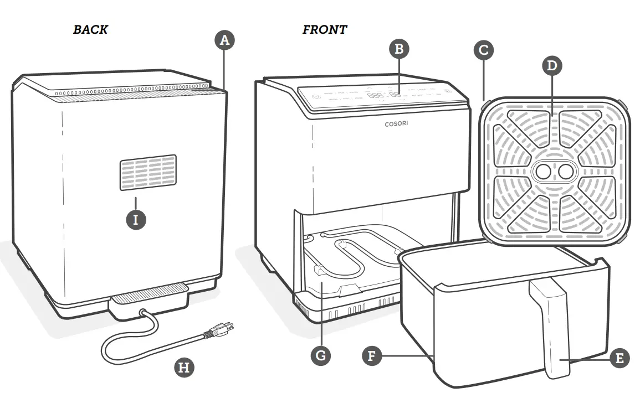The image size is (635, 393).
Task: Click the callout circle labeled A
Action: (224, 40)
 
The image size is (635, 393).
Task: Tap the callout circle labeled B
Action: (398, 49)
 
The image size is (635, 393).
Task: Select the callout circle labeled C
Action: (483, 50)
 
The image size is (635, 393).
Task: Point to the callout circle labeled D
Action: (551, 66)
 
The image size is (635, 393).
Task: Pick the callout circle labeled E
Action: (619, 358)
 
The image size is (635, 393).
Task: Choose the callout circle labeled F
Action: (372, 355)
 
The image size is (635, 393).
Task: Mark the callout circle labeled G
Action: (320, 355)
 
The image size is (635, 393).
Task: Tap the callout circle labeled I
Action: (136, 219)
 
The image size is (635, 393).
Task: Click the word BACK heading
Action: (90, 30)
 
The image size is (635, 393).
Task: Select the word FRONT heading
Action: (325, 30)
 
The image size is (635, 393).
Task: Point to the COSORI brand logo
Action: (396, 123)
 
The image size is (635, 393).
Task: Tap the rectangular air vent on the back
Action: (148, 173)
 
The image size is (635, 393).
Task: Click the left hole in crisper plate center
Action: (543, 173)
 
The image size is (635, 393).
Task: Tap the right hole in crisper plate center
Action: (565, 173)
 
